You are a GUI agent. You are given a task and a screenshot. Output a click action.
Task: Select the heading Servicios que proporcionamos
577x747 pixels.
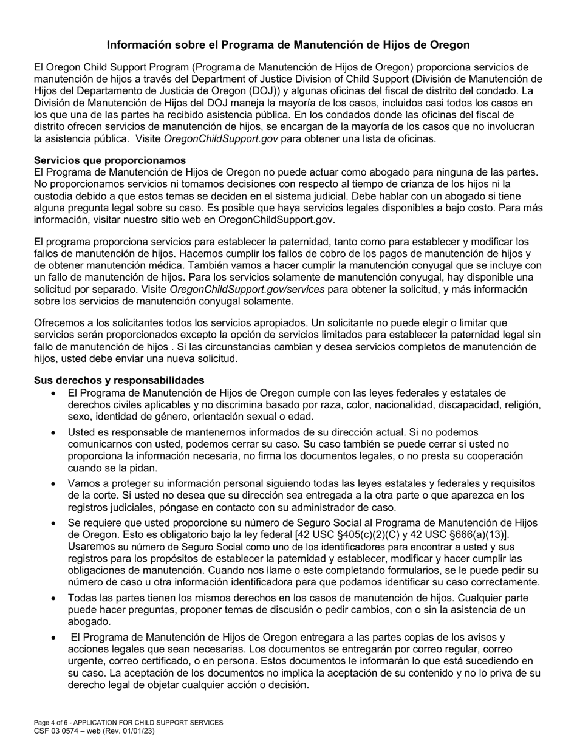coord(110,160)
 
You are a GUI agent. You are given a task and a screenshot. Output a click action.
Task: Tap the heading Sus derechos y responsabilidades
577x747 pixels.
coord(119,380)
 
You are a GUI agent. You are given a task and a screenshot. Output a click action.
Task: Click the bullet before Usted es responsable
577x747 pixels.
coord(54,433)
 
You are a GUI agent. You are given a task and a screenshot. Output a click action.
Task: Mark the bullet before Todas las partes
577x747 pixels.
coord(54,598)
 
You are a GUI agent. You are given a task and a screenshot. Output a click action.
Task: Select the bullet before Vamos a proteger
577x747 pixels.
coord(54,484)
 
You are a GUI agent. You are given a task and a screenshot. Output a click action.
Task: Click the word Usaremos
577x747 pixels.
coord(90,546)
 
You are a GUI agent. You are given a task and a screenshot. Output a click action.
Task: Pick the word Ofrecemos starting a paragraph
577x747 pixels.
coord(60,322)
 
